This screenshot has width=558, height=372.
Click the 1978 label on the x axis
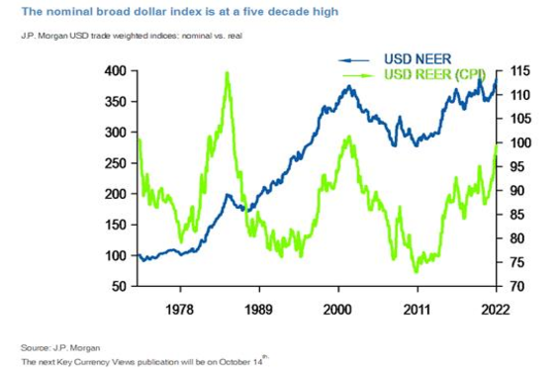[180, 309]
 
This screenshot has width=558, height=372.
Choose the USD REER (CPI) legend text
[435, 74]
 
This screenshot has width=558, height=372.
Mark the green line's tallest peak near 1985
[227, 73]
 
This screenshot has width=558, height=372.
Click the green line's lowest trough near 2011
[416, 272]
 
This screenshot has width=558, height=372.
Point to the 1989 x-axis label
[259, 309]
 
